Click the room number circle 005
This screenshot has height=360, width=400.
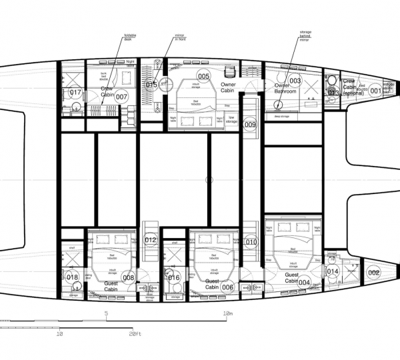203,76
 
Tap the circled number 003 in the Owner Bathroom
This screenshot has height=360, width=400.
295,81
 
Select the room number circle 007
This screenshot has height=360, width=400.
121,97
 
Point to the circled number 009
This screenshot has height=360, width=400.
250,124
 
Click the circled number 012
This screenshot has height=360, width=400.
151,240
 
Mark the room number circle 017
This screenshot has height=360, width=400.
75,93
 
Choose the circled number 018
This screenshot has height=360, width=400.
73,277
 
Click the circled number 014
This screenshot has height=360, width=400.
333,271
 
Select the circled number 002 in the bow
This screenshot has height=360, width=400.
374,271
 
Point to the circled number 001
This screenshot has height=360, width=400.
375,91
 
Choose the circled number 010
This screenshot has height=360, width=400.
251,242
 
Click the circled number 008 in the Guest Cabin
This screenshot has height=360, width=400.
129,277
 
